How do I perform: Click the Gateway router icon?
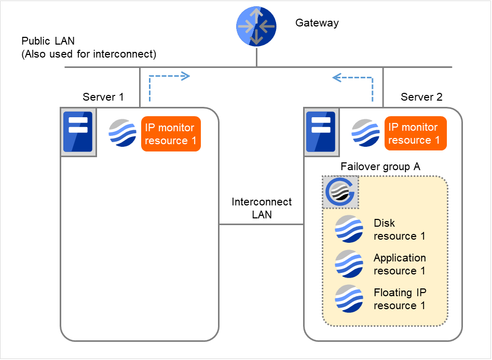click(257, 27)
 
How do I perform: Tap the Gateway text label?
click(317, 23)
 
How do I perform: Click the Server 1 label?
click(103, 97)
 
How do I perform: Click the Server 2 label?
click(421, 97)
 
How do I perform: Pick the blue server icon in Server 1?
click(78, 132)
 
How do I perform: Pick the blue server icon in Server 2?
click(320, 132)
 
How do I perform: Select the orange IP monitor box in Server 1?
click(170, 134)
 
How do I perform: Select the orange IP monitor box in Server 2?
click(415, 133)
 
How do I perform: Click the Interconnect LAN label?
click(262, 208)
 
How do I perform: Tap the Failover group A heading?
click(380, 167)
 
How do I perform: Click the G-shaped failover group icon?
click(340, 192)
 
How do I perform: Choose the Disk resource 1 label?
click(399, 229)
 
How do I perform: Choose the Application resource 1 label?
click(400, 264)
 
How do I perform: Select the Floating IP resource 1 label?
click(400, 299)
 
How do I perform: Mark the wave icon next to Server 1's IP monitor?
click(122, 133)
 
